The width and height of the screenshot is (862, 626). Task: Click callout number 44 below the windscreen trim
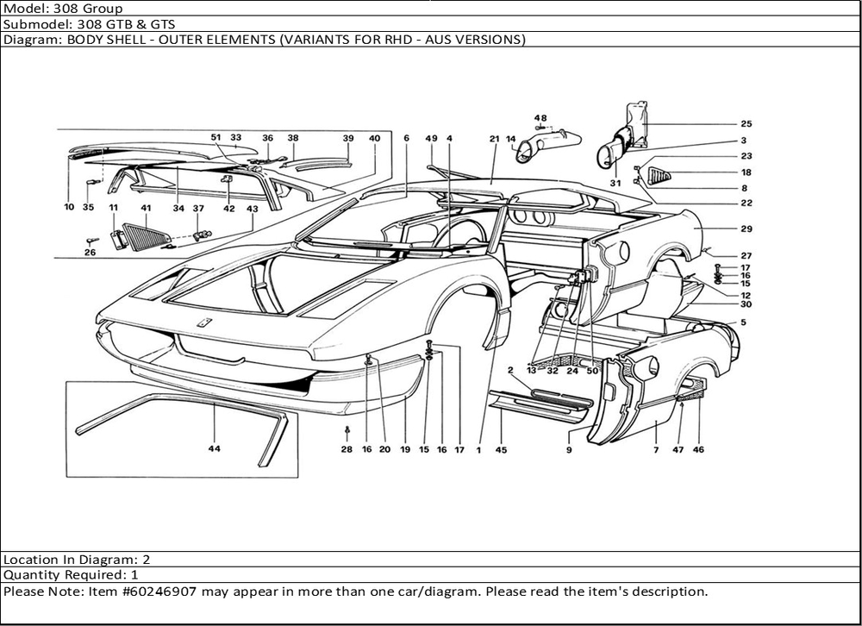click(x=214, y=449)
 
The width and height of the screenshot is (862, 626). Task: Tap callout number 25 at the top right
click(x=746, y=124)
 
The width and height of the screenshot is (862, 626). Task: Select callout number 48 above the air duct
click(x=540, y=118)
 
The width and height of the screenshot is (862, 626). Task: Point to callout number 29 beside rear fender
click(x=746, y=229)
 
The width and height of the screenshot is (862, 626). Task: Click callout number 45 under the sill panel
click(x=501, y=449)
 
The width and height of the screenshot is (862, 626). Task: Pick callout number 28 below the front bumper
click(x=347, y=449)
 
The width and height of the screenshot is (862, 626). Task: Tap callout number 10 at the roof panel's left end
click(x=68, y=207)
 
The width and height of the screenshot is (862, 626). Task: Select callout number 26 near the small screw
click(x=91, y=253)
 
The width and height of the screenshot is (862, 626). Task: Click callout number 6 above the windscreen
click(x=406, y=138)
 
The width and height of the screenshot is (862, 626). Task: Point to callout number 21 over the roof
click(x=494, y=138)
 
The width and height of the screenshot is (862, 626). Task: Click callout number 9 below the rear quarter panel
click(x=569, y=449)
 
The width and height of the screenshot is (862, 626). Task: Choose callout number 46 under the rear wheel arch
click(x=698, y=449)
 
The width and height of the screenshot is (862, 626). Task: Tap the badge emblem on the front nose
click(x=205, y=322)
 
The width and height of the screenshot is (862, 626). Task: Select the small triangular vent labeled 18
click(x=659, y=176)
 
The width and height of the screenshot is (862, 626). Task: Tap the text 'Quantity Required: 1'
click(x=71, y=574)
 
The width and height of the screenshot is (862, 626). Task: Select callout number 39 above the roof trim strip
click(x=347, y=138)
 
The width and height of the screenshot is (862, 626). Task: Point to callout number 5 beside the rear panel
click(x=743, y=322)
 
